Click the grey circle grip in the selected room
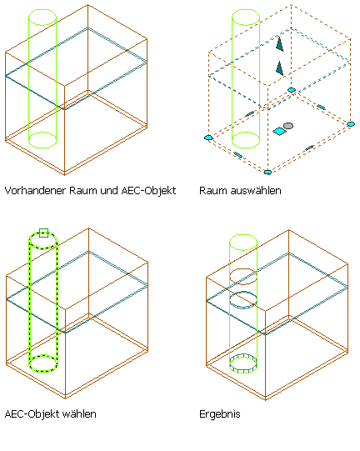[288, 126]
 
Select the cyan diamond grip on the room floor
[279, 131]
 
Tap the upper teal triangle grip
[279, 44]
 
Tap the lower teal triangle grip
[279, 68]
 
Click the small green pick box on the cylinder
[43, 233]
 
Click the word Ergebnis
[220, 414]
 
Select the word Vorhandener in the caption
[35, 190]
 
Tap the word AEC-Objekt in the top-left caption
[148, 191]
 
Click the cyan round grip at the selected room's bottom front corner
[267, 172]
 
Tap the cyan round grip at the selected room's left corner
[208, 138]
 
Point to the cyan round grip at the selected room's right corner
[351, 124]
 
